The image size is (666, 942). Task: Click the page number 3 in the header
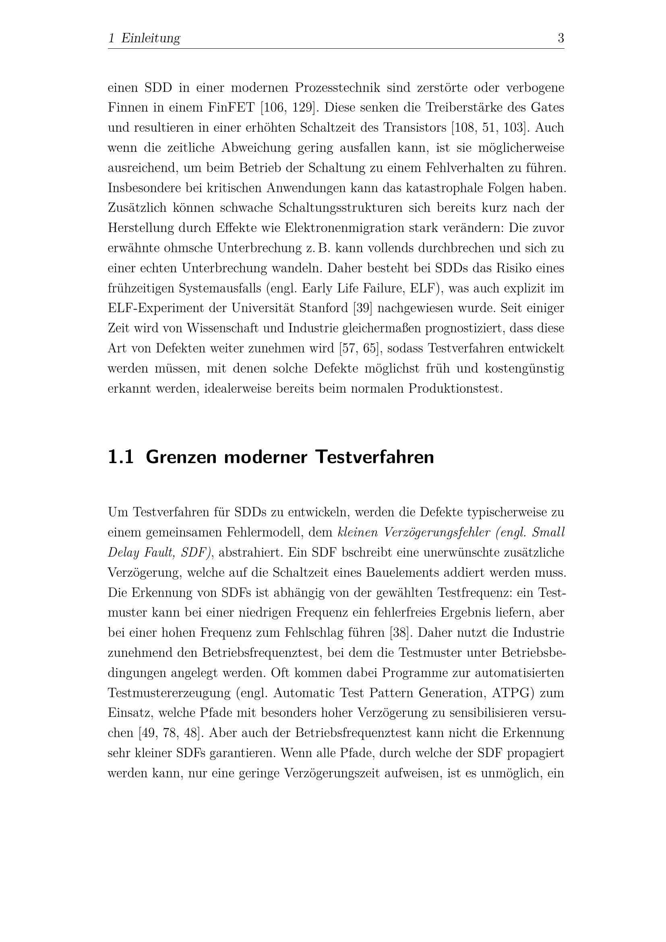[x=561, y=38]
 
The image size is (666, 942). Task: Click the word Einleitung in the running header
[x=151, y=39]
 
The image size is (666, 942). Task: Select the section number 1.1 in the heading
[x=120, y=457]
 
